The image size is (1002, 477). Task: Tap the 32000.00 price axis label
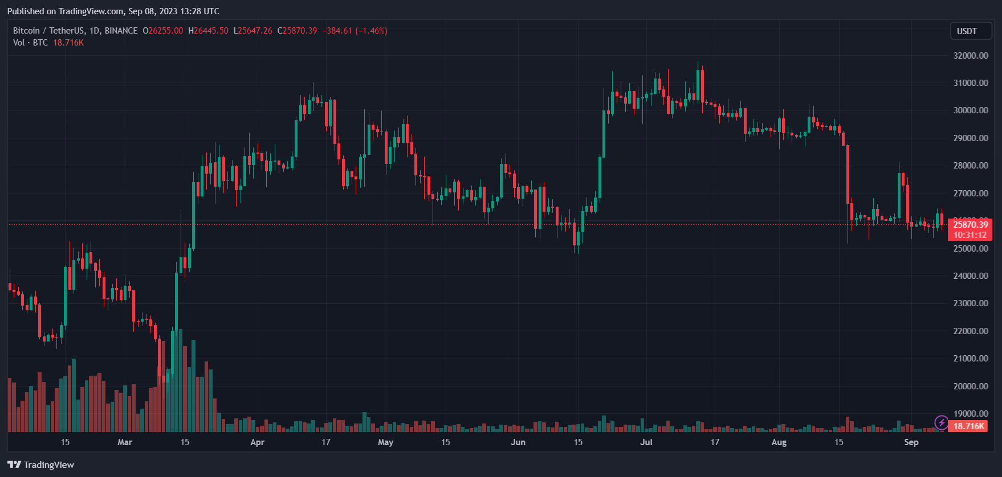[971, 56]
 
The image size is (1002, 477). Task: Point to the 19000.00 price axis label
[971, 414]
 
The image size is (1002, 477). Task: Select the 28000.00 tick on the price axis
[971, 166]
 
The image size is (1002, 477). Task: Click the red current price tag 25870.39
[970, 225]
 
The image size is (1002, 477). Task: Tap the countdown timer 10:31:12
[970, 235]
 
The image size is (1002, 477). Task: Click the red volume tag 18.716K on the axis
[969, 426]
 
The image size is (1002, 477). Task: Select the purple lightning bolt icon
[941, 423]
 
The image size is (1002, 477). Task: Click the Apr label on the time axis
[258, 442]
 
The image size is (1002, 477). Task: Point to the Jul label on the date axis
[646, 442]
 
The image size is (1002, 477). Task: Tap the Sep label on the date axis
[911, 442]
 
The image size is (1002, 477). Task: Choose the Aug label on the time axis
[779, 442]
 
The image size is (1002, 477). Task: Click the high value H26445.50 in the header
[208, 31]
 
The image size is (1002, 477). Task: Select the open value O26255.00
[163, 31]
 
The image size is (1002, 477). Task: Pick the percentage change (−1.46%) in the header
[371, 31]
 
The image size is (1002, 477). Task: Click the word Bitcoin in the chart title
[26, 31]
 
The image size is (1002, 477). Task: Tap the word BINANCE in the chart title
[121, 31]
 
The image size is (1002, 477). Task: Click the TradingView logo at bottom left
[41, 465]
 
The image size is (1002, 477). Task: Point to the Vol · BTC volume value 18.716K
[68, 43]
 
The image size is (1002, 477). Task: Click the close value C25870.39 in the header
[297, 31]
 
